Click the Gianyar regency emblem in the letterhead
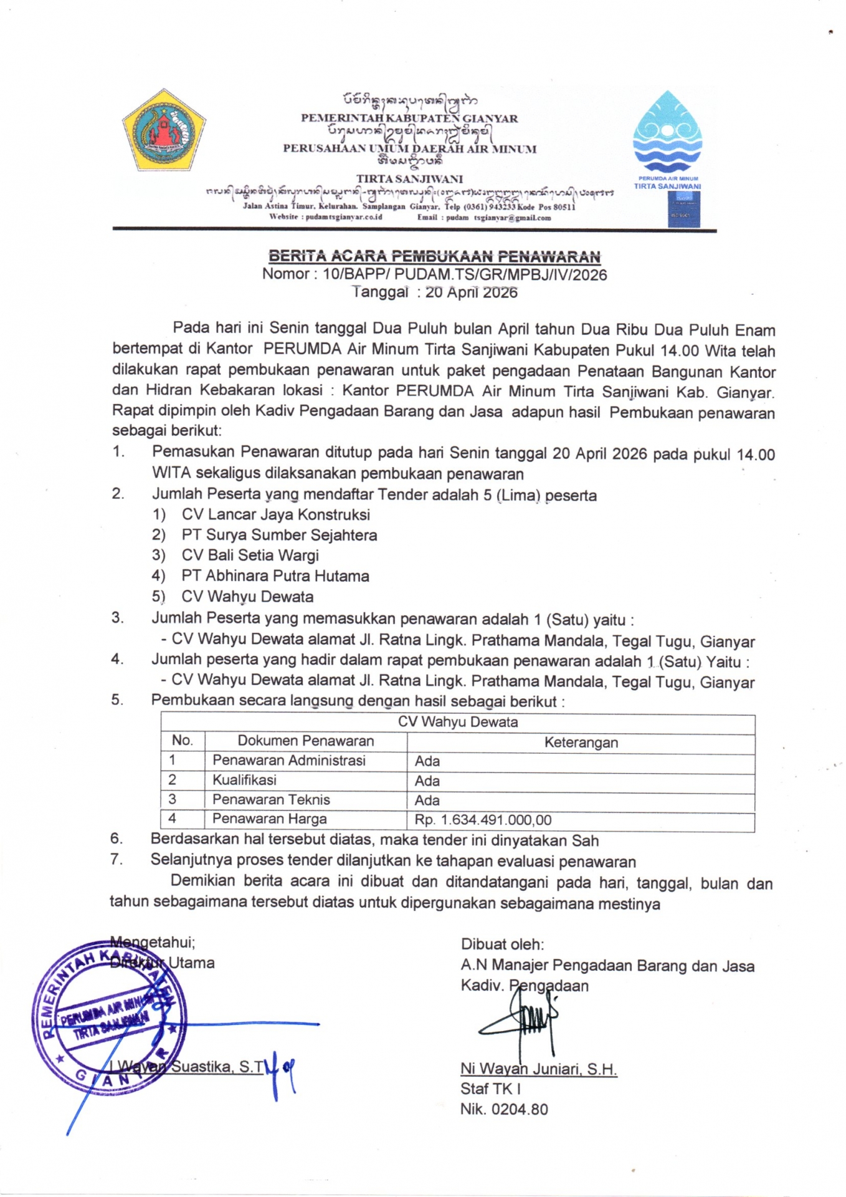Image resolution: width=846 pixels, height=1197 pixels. click(163, 130)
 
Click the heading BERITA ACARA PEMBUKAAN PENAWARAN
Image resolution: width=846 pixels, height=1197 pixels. click(434, 256)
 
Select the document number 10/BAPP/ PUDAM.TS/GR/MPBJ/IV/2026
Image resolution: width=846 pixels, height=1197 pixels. click(465, 274)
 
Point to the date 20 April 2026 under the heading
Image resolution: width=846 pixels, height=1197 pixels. click(471, 292)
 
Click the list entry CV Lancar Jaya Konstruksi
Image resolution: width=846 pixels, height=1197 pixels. click(275, 514)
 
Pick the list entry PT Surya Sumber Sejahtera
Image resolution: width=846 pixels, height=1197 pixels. click(279, 535)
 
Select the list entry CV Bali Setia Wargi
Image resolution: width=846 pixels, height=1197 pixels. click(250, 555)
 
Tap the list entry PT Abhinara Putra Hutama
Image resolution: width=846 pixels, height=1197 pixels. click(275, 575)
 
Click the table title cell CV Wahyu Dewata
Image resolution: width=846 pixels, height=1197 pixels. click(458, 722)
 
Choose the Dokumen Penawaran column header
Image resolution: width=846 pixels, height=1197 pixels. click(305, 741)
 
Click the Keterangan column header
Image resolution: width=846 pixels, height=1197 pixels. click(581, 742)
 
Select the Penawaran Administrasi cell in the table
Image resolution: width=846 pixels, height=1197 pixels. click(288, 761)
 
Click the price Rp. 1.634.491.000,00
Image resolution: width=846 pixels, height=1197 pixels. click(483, 820)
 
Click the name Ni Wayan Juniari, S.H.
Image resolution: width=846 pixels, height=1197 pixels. click(538, 1069)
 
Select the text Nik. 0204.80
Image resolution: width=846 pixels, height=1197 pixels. click(504, 1109)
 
